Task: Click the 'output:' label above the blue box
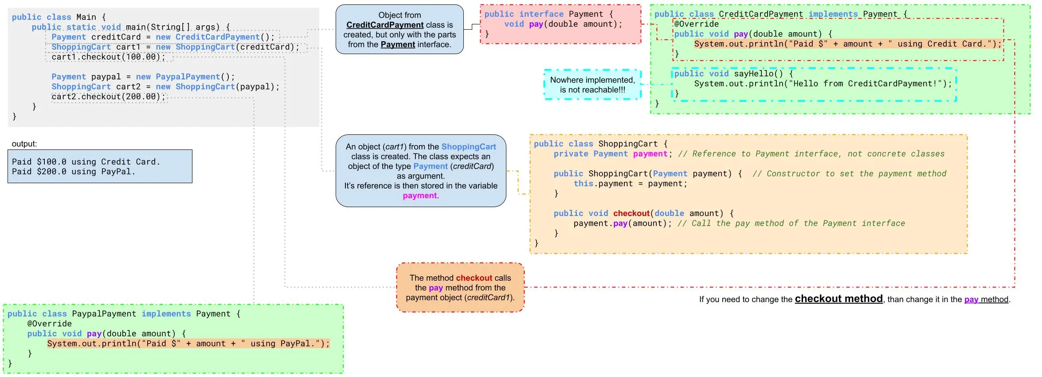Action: point(24,144)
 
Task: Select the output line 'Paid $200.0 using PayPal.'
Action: point(73,172)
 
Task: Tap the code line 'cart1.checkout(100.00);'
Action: point(108,57)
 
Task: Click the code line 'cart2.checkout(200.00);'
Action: point(108,97)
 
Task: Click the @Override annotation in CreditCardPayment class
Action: point(696,24)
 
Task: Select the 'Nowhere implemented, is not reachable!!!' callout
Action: point(592,85)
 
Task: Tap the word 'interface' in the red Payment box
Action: point(541,14)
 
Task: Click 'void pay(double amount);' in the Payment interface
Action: point(563,24)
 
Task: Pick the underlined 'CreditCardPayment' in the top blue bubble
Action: point(385,25)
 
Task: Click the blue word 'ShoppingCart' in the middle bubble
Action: point(468,147)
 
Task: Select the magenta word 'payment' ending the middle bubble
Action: point(419,196)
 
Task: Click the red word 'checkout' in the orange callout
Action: point(474,278)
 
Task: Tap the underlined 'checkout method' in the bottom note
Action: point(838,299)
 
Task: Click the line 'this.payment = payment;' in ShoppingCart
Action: point(630,184)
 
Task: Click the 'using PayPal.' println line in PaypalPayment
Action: point(188,344)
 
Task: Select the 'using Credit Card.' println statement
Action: point(847,44)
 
